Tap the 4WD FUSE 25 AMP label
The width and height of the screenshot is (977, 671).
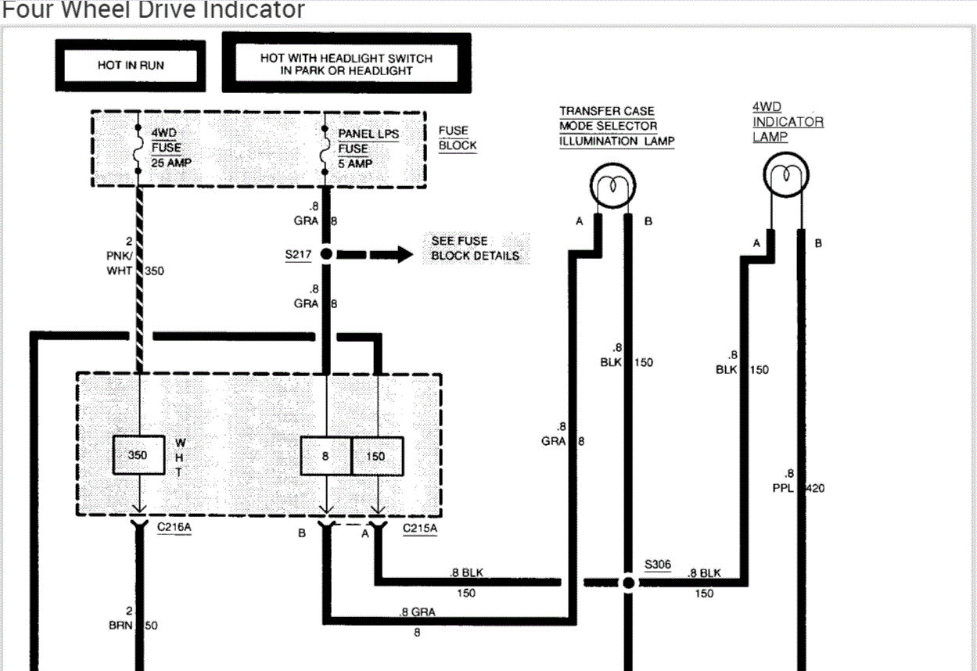[171, 148]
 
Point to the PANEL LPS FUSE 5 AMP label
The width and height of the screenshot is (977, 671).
[368, 149]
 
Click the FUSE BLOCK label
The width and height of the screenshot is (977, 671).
[457, 138]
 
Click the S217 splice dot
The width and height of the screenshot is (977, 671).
[326, 253]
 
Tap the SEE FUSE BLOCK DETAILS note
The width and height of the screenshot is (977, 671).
[476, 248]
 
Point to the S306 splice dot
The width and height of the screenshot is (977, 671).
[628, 582]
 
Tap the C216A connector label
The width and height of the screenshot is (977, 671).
[174, 527]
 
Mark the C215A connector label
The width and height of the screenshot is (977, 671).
[419, 529]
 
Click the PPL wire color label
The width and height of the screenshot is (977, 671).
[783, 488]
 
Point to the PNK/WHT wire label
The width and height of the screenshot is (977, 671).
[119, 263]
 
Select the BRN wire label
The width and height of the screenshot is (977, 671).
[120, 625]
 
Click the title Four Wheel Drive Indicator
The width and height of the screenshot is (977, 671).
[153, 9]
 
